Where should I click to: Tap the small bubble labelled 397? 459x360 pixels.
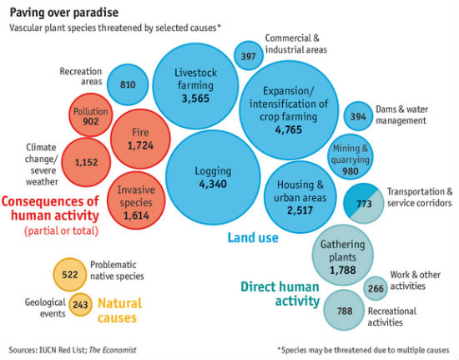(248, 55)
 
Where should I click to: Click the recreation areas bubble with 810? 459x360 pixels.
(128, 84)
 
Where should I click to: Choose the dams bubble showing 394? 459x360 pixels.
(359, 116)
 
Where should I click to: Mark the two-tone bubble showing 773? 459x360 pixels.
(363, 204)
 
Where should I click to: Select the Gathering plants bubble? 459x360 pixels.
(342, 256)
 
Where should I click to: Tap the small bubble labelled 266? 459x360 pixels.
(376, 288)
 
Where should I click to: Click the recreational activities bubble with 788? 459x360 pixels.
(345, 310)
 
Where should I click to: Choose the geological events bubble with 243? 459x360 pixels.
(80, 305)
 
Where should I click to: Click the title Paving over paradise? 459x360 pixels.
(63, 13)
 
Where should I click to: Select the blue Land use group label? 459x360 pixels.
(253, 238)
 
